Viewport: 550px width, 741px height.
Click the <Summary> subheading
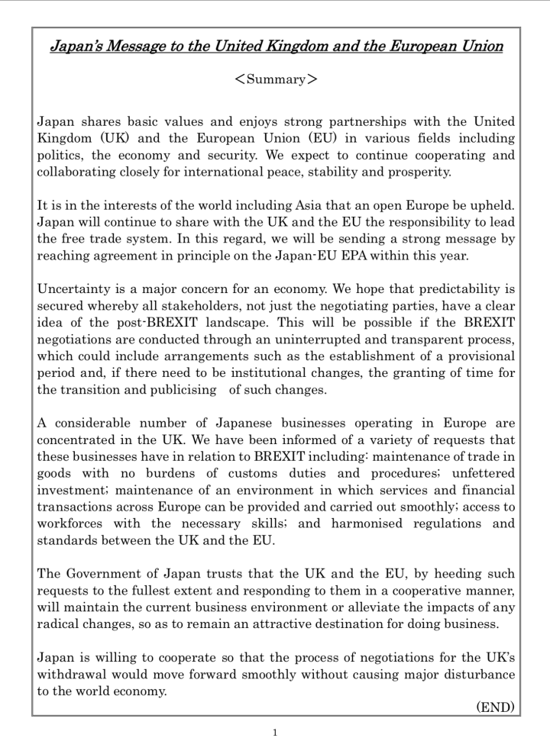(276, 80)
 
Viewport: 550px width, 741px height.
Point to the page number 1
(276, 731)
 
